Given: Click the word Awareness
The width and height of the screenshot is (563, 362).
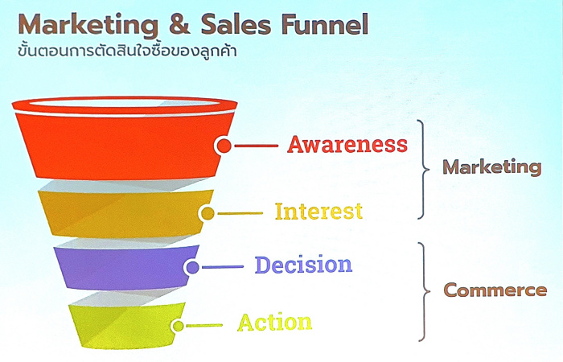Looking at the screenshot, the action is (347, 144).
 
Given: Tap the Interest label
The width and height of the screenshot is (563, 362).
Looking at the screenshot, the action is (318, 211).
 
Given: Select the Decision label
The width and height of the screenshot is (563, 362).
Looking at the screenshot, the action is (303, 265).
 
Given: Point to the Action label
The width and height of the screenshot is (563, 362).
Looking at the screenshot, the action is (275, 322).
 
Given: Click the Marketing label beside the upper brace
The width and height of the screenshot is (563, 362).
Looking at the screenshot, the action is (492, 167).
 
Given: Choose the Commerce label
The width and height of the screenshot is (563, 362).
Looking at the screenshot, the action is (495, 290).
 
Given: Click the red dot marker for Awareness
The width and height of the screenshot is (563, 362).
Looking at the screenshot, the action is (224, 146).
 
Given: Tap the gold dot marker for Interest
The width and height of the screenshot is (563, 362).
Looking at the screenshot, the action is (208, 214).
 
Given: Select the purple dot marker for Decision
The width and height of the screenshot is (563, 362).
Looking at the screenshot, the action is (193, 267).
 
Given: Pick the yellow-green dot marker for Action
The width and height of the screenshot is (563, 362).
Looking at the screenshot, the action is (178, 326).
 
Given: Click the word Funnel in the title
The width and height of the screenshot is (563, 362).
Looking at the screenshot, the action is (325, 24).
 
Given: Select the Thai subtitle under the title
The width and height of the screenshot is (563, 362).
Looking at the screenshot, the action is (127, 50).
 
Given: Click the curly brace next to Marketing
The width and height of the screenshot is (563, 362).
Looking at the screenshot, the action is (424, 169).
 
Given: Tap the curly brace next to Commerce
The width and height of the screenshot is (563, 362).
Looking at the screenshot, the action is (425, 291).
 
